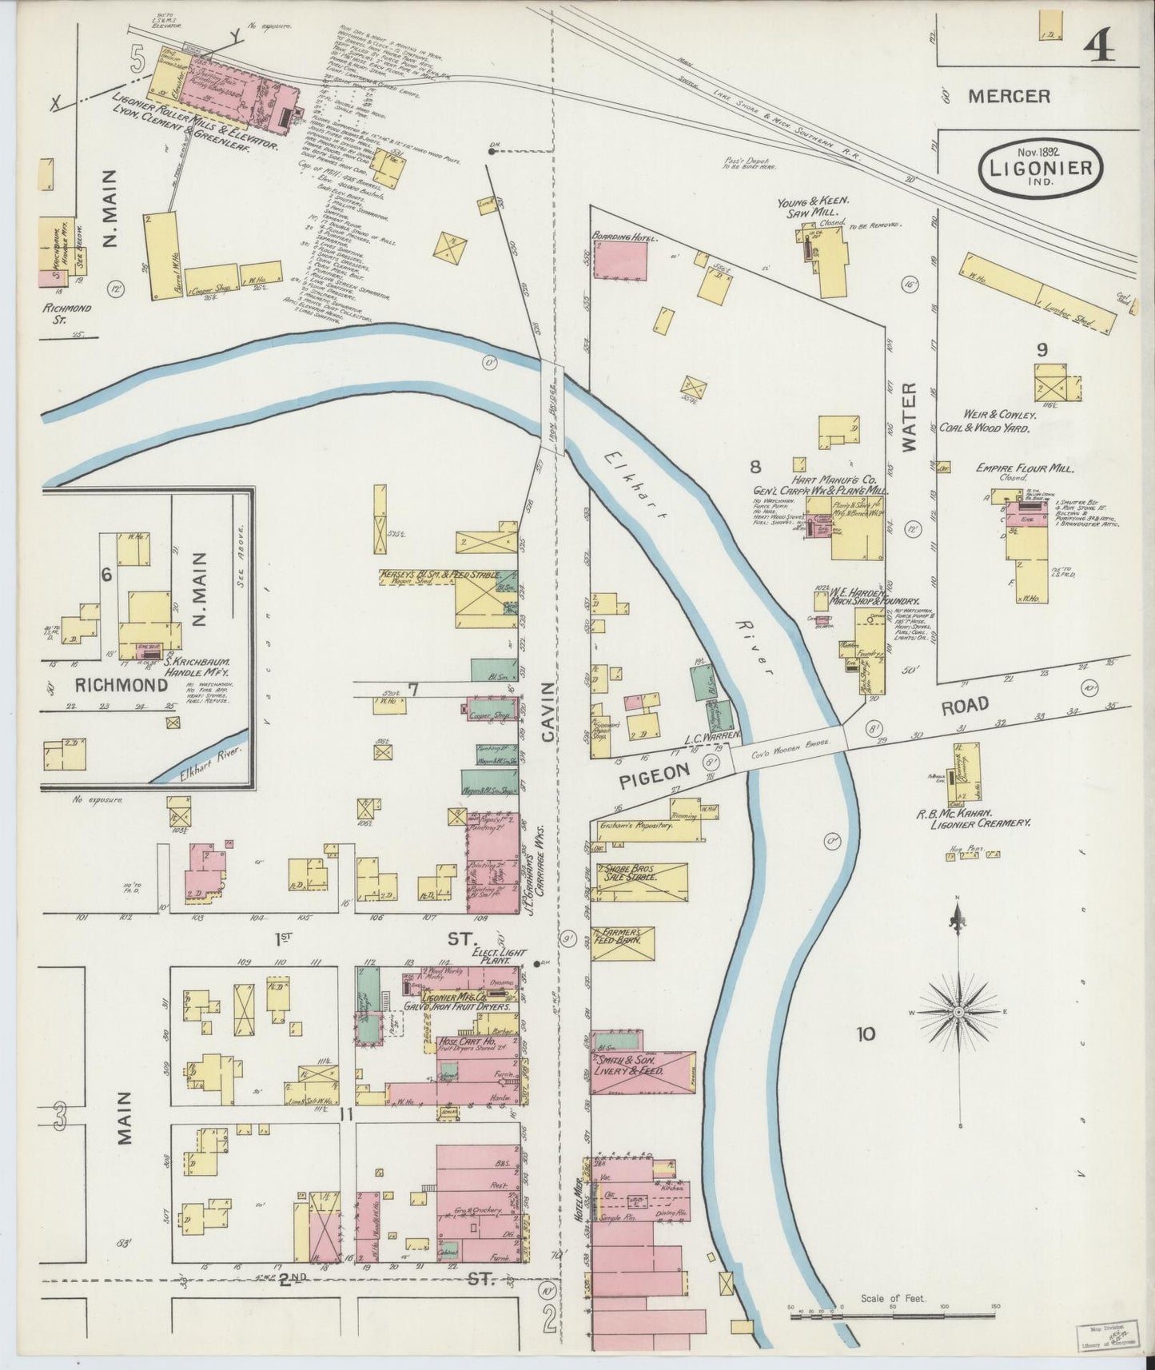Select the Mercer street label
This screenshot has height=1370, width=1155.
pos(1009,97)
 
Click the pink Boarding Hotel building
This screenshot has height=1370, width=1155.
pos(620,259)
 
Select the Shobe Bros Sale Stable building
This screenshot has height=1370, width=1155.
pos(641,882)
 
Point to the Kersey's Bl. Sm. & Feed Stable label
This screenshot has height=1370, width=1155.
pos(440,574)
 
